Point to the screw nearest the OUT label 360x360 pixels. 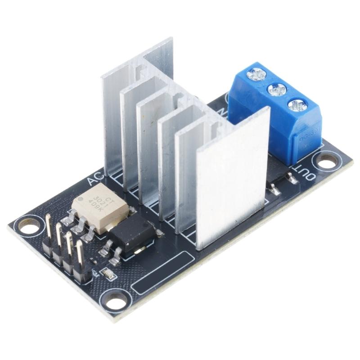point(297,106)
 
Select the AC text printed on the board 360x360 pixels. point(96,181)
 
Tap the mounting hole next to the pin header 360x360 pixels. point(28,227)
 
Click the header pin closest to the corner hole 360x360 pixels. point(48,225)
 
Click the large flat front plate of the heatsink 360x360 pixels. point(232,180)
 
